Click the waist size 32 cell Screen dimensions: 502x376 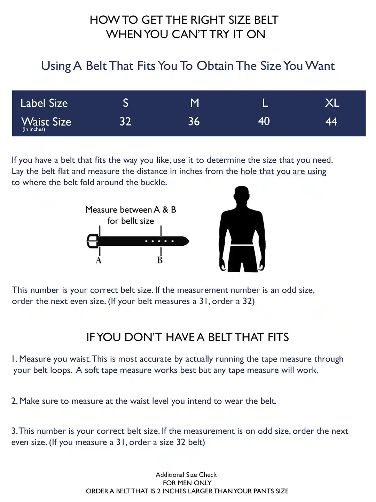125,121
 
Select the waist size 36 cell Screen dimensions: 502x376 194,121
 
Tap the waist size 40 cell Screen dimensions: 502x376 264,121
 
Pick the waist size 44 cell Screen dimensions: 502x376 331,121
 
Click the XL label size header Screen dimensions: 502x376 332,103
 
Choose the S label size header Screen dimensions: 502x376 126,103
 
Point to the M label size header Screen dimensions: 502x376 195,103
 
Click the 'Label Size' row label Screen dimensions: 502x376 44,103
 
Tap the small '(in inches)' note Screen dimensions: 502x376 34,129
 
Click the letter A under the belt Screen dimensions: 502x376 99,260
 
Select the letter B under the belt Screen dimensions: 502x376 160,260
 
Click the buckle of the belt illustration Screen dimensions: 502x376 92,241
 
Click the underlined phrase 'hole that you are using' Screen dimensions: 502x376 283,171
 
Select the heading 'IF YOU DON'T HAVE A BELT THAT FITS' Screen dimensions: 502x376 188,337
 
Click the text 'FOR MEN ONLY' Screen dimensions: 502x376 187,483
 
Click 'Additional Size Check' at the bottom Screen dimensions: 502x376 186,474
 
